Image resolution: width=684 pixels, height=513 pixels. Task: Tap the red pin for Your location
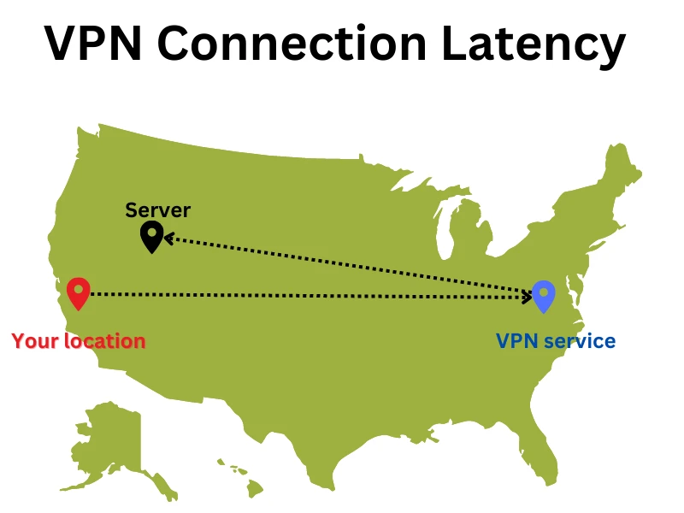(x=78, y=293)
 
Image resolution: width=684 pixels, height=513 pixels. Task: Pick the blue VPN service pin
(x=543, y=296)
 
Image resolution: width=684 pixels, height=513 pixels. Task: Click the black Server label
(x=158, y=209)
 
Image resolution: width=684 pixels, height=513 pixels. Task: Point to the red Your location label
(x=79, y=341)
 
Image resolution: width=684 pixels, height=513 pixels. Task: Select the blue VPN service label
(x=556, y=341)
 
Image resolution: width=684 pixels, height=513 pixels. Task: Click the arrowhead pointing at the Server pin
(x=168, y=238)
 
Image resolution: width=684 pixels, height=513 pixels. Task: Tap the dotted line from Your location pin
(x=299, y=295)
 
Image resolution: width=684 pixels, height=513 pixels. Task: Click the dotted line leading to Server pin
(x=342, y=264)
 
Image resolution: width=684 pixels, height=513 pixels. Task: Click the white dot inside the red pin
(x=78, y=289)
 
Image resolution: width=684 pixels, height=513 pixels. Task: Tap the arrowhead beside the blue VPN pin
(x=528, y=296)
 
